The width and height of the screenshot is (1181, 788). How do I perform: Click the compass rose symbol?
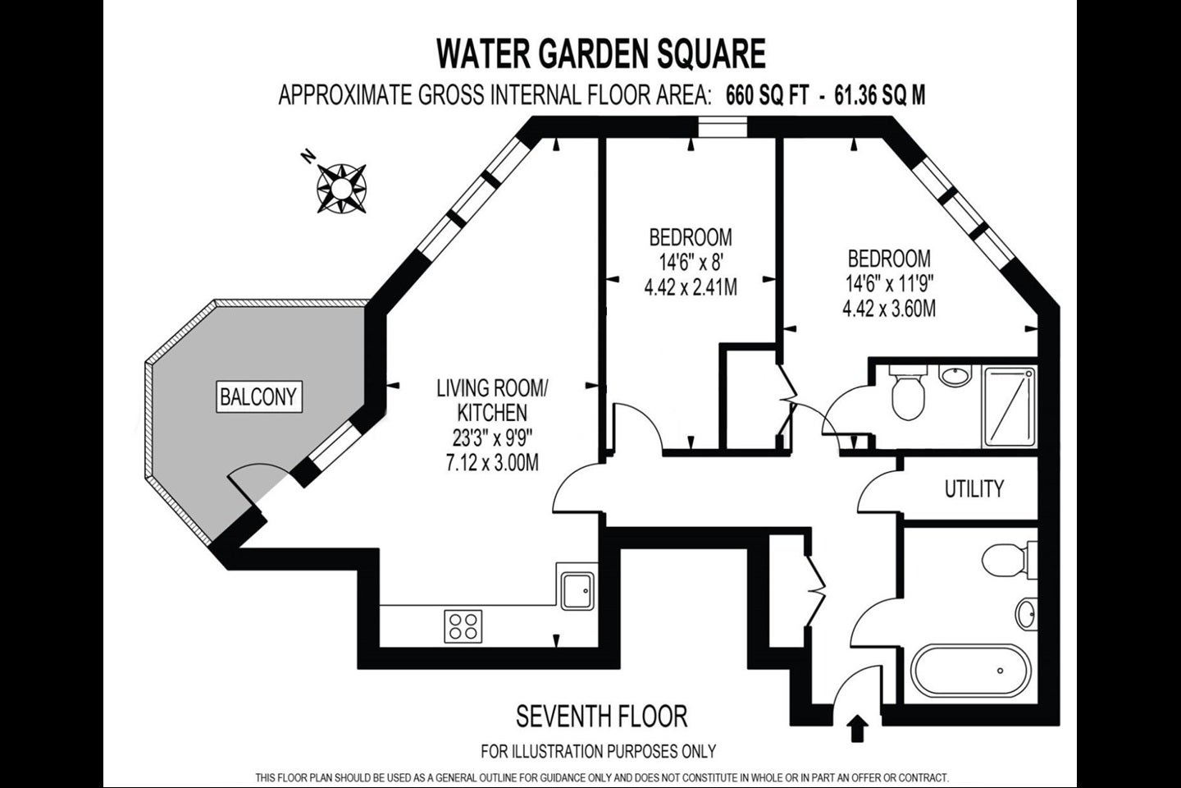(342, 189)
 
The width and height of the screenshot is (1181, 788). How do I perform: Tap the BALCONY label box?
(259, 396)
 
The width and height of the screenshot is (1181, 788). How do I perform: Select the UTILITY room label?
(974, 488)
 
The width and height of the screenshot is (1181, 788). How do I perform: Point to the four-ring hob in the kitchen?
(463, 626)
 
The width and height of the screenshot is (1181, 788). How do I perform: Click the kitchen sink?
(577, 591)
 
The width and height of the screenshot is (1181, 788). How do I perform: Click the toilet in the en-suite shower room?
(907, 392)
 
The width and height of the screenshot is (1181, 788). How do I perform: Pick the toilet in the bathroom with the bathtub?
(1008, 560)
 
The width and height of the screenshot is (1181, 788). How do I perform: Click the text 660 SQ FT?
(767, 95)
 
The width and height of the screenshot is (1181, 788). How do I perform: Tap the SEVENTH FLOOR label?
(602, 717)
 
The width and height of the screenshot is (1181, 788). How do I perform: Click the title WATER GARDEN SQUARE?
(601, 53)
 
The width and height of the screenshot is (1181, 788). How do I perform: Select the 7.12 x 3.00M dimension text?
(492, 463)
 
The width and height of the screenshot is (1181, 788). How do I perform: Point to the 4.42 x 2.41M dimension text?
(691, 287)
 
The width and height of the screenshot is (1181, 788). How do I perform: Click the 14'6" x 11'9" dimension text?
(889, 285)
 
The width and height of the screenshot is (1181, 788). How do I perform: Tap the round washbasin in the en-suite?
(955, 376)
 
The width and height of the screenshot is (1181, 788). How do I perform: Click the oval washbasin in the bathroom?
(1026, 614)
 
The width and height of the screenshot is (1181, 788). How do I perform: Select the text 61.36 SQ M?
(879, 95)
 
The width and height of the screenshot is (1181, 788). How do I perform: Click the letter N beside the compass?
(308, 157)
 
